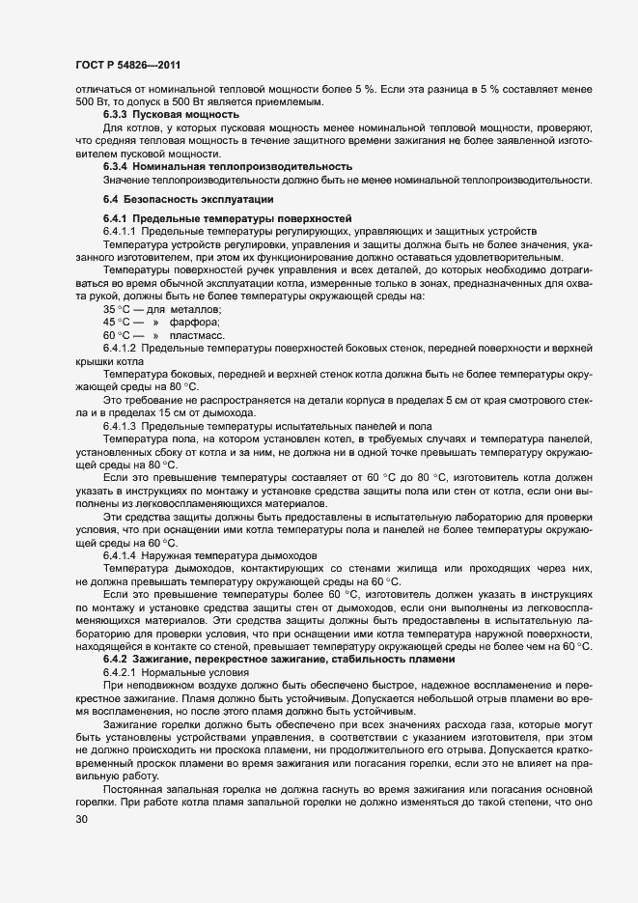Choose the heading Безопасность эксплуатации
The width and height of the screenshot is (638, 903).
(193, 198)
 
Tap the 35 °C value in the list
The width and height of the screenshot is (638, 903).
(116, 308)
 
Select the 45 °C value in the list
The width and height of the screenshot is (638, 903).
(116, 321)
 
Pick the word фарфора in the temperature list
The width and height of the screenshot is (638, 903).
(195, 321)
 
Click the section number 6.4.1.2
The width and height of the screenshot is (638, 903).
(123, 347)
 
